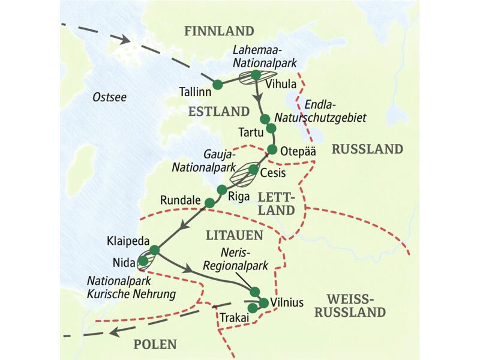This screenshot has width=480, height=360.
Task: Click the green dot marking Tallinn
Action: point(217,84)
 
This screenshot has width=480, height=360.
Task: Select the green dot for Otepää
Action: point(272,149)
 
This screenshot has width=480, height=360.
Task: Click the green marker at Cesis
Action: point(254,170)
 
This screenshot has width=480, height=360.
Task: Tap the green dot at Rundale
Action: point(209,203)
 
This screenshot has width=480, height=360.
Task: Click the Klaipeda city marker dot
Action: point(154,250)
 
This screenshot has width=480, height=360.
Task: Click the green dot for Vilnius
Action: point(263,302)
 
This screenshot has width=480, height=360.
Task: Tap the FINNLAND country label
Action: point(219,31)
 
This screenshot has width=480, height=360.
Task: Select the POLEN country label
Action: point(155,344)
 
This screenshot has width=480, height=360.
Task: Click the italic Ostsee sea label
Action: point(110,97)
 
